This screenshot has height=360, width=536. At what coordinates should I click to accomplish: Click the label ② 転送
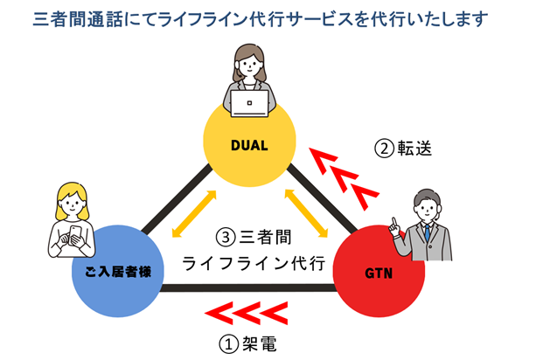pyautogui.click(x=403, y=149)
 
